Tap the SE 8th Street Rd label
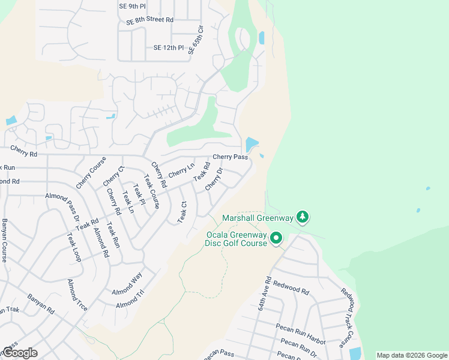pyautogui.click(x=149, y=20)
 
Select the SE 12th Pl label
pyautogui.click(x=168, y=47)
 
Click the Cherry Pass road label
pyautogui.click(x=231, y=157)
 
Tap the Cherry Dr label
pyautogui.click(x=214, y=179)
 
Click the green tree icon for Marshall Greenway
pyautogui.click(x=304, y=217)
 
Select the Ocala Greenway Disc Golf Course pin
pyautogui.click(x=276, y=238)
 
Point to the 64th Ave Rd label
pyautogui.click(x=265, y=293)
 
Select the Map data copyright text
pyautogui.click(x=411, y=355)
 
